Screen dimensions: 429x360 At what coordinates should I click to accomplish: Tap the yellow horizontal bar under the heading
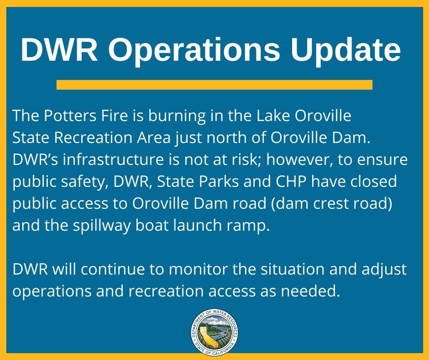214,85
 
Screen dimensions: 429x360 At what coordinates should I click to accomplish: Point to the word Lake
273,116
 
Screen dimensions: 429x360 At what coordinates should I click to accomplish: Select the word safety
84,182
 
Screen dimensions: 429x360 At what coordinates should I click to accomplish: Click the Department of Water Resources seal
214,332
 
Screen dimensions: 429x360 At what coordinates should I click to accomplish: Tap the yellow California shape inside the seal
207,335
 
